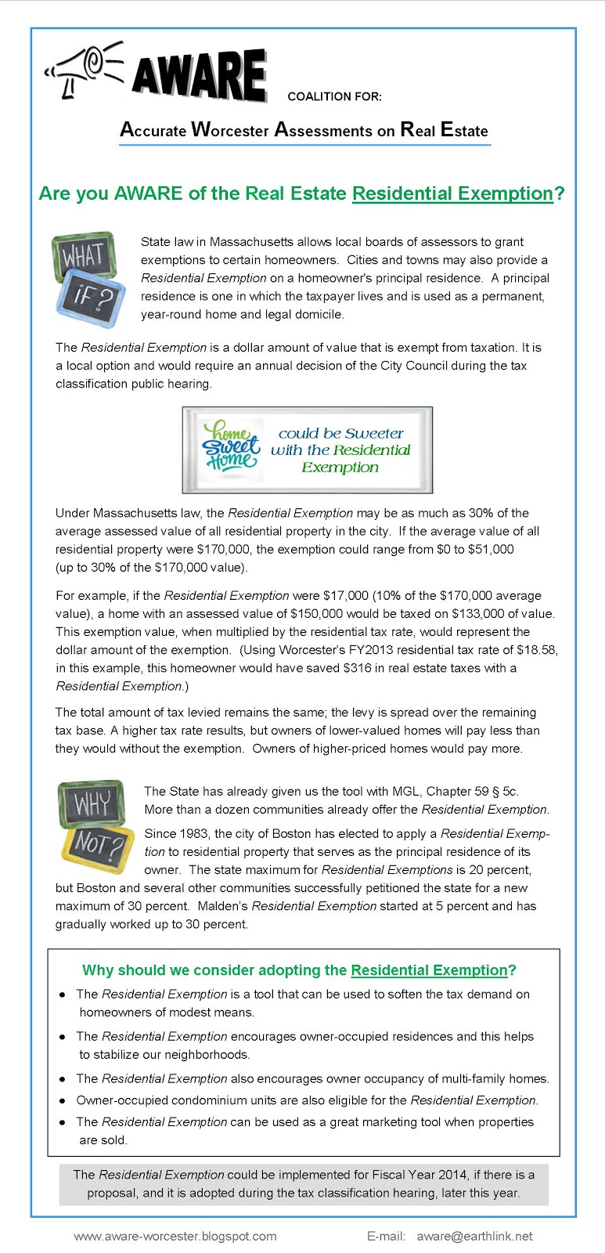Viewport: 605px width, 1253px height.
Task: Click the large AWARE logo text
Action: coord(199,77)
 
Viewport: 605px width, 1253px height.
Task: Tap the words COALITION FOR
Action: coord(334,96)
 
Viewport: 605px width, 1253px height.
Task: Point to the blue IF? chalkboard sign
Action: coord(92,298)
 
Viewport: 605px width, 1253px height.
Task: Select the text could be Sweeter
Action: coord(340,433)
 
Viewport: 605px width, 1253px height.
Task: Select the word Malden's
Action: coord(223,906)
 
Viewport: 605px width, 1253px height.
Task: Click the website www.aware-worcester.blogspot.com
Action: coord(175,1236)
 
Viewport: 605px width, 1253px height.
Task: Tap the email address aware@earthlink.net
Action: coord(474,1236)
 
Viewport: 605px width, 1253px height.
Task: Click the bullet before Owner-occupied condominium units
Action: coord(63,1101)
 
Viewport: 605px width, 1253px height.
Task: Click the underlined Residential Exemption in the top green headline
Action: coord(452,193)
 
